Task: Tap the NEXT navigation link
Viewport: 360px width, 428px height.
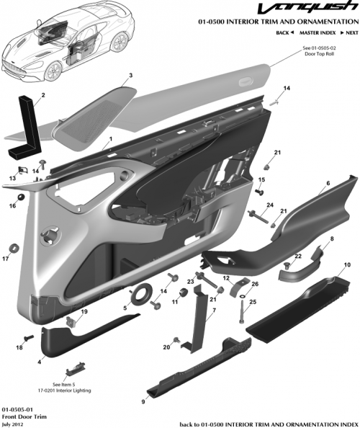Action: pos(350,33)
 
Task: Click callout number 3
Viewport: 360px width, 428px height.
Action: pos(130,75)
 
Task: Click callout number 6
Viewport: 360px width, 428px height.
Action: pos(328,184)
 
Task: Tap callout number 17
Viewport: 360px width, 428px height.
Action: pos(6,258)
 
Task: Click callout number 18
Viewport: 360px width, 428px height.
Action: pos(19,347)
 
